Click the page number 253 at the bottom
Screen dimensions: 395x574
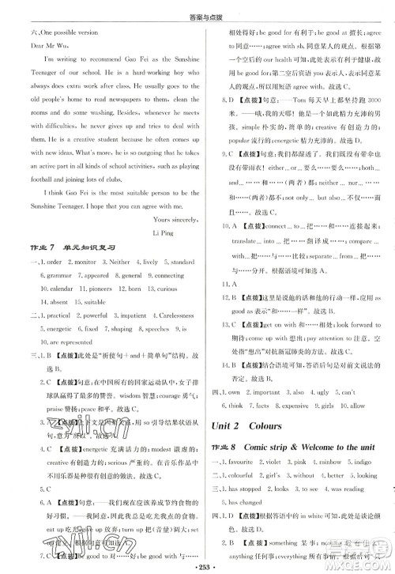coord(197,566)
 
